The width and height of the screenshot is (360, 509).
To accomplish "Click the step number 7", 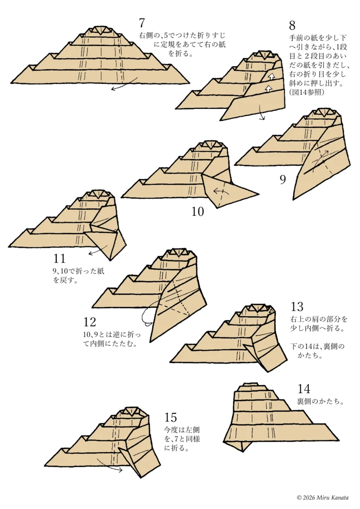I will pos(142,23).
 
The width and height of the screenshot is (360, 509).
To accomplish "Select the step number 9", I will pos(282,179).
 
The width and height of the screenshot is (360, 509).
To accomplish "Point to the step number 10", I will pos(198,212).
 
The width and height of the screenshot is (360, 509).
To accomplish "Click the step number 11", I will pos(59,258).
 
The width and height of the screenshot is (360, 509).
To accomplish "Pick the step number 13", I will pos(296,307).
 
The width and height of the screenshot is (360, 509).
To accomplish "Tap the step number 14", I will pos(304,389).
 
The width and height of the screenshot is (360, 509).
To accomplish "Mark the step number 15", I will pos(170,418).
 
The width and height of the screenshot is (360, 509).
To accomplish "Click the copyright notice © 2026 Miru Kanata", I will pos(322,497).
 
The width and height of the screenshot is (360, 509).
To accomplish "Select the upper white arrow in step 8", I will pos(271,76).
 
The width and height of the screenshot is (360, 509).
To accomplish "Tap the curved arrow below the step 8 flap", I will pos(262,115).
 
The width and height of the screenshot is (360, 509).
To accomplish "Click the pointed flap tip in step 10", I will pos(258,193).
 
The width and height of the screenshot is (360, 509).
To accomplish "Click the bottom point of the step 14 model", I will pos(243,450).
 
